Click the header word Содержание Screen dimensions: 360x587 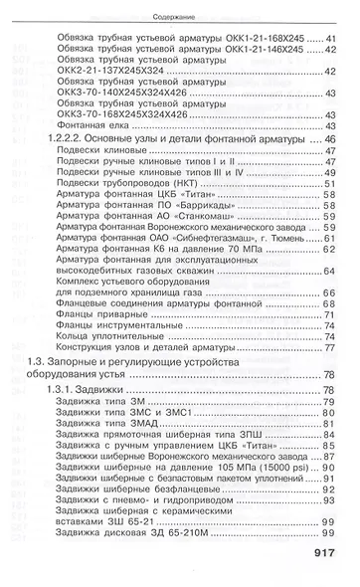[179, 16]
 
